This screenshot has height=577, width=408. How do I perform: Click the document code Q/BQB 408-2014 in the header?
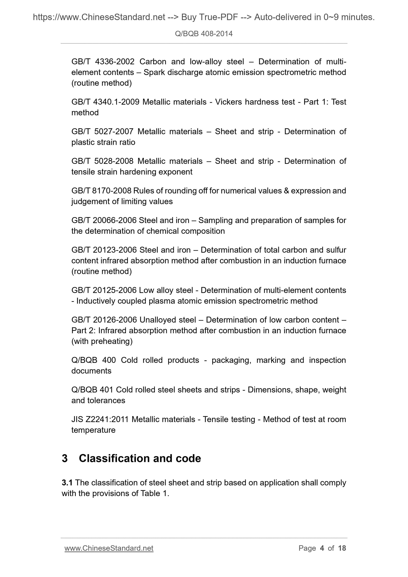pyautogui.click(x=204, y=34)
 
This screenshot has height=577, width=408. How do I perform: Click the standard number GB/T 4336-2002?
pyautogui.click(x=103, y=62)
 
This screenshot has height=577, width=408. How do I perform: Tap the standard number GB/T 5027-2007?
pyautogui.click(x=102, y=131)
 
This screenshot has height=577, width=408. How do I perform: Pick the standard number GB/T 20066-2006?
pyautogui.click(x=104, y=220)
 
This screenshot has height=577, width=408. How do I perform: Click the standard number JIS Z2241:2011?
pyautogui.click(x=100, y=419)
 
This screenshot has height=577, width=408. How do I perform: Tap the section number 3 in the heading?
pyautogui.click(x=65, y=458)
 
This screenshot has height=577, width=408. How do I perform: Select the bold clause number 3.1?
pyautogui.click(x=67, y=482)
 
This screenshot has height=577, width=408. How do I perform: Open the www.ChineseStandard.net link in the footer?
pyautogui.click(x=109, y=548)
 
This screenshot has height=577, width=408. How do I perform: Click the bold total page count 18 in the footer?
pyautogui.click(x=342, y=548)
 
